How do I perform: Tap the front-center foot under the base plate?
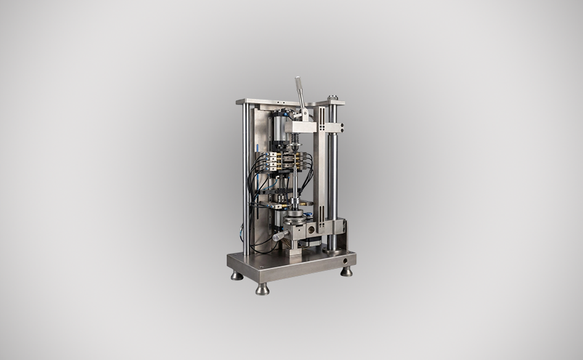pyautogui.click(x=262, y=289)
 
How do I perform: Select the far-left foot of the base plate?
pyautogui.click(x=237, y=275)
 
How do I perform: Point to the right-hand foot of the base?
pyautogui.click(x=347, y=271)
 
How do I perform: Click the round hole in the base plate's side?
pyautogui.click(x=345, y=261)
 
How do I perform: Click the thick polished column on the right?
pyautogui.click(x=332, y=181)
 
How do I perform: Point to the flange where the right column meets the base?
pyautogui.click(x=332, y=248)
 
